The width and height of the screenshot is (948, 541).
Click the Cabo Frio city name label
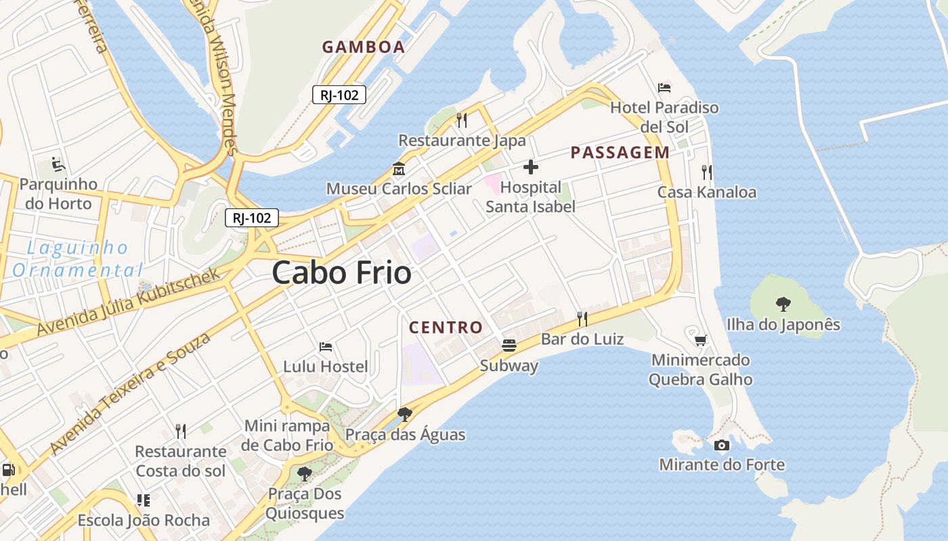coord(342,273)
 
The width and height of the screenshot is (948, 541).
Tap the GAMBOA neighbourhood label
coord(364,47)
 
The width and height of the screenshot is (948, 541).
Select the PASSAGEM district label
coord(620,153)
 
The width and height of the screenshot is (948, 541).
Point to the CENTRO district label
coord(446,328)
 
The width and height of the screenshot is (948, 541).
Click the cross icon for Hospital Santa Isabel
coord(531,166)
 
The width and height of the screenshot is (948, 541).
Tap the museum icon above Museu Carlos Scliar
coord(398,168)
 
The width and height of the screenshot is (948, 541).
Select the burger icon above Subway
coord(509,346)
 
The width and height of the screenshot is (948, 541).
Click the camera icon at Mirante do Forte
coord(722,445)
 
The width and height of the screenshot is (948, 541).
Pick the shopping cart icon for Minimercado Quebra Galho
coord(700,340)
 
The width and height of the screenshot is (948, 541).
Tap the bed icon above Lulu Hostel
coord(326,347)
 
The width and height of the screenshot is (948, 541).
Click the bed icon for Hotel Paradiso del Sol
coord(664,88)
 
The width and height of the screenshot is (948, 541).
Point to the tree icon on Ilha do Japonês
coord(783,304)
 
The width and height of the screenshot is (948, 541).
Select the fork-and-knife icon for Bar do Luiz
coord(582,319)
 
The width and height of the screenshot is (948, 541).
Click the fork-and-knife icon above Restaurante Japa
coord(462,120)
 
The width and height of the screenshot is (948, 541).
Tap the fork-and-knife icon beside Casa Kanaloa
coord(707,172)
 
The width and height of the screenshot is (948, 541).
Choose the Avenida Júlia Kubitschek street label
coord(129,302)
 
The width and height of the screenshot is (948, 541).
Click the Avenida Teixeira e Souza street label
coord(130,394)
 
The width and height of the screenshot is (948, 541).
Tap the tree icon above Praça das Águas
coord(405,414)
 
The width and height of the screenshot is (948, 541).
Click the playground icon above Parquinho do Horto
coord(58,164)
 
